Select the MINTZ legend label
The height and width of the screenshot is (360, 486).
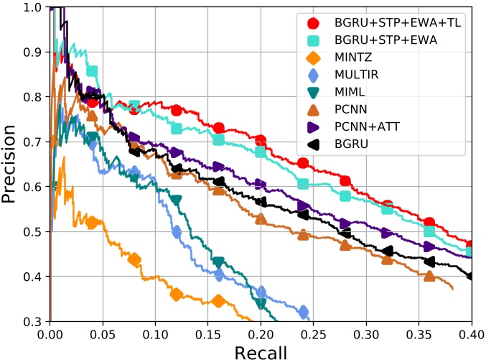click(x=357, y=57)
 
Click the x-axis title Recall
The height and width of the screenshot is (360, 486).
click(x=260, y=351)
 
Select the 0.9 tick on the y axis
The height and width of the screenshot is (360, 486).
click(x=31, y=52)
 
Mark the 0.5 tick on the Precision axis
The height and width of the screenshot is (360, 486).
click(x=31, y=231)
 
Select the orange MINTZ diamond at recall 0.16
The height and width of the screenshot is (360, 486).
click(x=219, y=301)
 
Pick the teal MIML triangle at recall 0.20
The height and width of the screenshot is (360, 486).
click(x=261, y=303)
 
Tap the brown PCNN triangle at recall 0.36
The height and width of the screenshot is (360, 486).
click(x=429, y=277)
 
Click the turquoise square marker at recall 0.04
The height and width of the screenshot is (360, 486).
click(x=92, y=70)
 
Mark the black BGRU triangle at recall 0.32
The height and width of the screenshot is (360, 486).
click(x=388, y=251)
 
